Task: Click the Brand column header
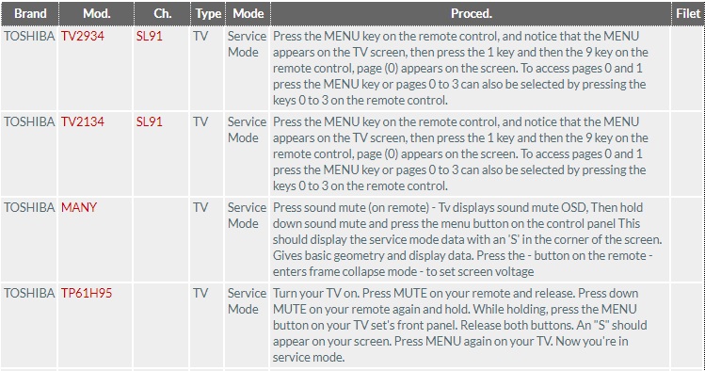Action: tap(30, 14)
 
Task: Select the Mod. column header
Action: tap(95, 14)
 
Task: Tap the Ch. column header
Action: tap(161, 14)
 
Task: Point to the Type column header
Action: tap(207, 14)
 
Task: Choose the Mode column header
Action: tap(248, 14)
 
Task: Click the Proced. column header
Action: tap(472, 14)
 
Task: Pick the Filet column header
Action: tap(687, 14)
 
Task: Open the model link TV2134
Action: tap(83, 122)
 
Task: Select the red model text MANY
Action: tap(79, 208)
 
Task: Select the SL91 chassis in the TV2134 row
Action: tap(150, 122)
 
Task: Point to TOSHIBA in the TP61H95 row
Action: tap(30, 294)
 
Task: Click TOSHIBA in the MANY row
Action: tap(30, 208)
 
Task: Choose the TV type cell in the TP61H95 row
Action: tap(201, 294)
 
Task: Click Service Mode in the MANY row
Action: tap(248, 216)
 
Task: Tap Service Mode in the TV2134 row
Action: tap(248, 130)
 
